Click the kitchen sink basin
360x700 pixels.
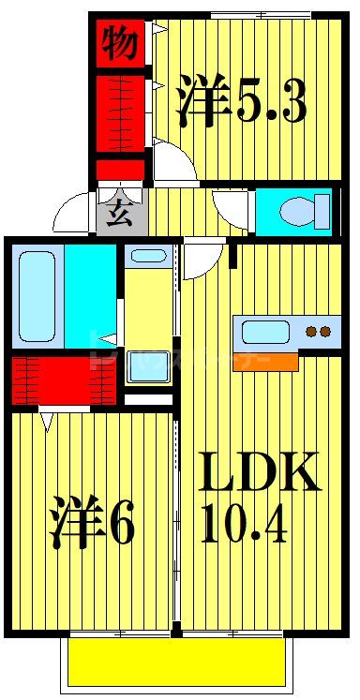[x=267, y=331]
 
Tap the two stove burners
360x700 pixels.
[x=319, y=331]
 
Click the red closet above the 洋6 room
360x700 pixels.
[x=64, y=380]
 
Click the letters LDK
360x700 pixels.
[x=261, y=475]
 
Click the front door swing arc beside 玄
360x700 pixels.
[x=73, y=216]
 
